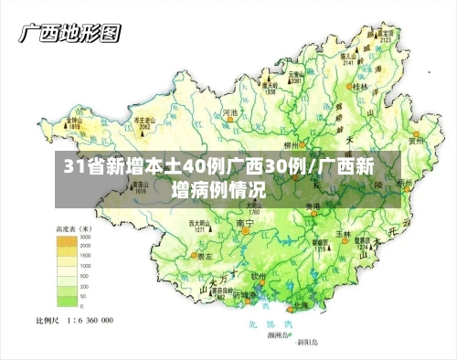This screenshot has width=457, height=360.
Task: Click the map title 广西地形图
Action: [69, 35]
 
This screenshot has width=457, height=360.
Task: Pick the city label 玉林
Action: [343, 233]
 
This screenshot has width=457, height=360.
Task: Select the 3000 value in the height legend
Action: [85, 237]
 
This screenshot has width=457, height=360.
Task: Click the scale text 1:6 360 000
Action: [88, 321]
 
